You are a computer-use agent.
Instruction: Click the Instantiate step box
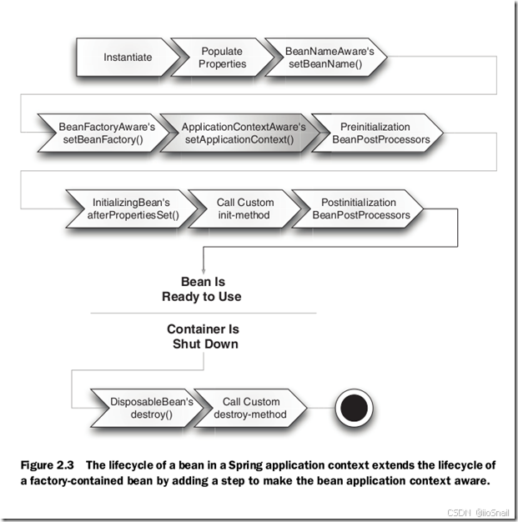[128, 58]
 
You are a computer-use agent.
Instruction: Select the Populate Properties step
[223, 58]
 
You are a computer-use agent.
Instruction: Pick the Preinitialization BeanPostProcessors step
[380, 133]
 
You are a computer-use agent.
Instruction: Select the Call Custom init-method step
[244, 208]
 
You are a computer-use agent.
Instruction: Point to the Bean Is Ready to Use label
[204, 289]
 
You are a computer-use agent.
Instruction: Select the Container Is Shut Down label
[203, 337]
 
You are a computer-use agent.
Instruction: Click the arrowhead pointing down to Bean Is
[204, 269]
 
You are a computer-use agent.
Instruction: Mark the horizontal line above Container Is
[204, 313]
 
